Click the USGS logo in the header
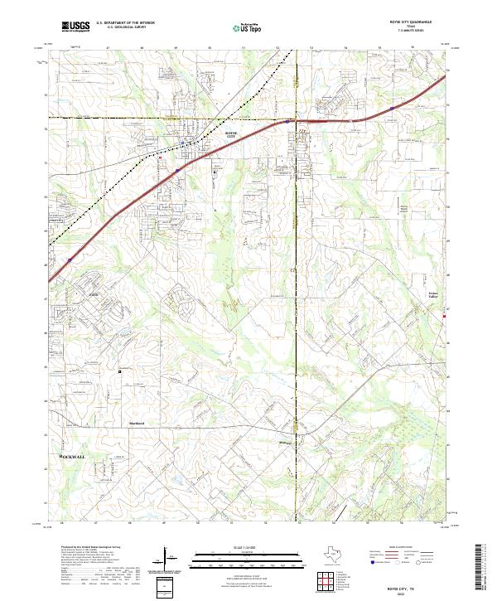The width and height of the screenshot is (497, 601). click(x=75, y=27)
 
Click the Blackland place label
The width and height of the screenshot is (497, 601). click(x=137, y=424)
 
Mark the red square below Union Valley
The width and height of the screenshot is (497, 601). click(x=446, y=316)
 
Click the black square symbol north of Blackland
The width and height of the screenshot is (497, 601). click(x=120, y=371)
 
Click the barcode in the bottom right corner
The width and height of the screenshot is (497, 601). click(x=485, y=573)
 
